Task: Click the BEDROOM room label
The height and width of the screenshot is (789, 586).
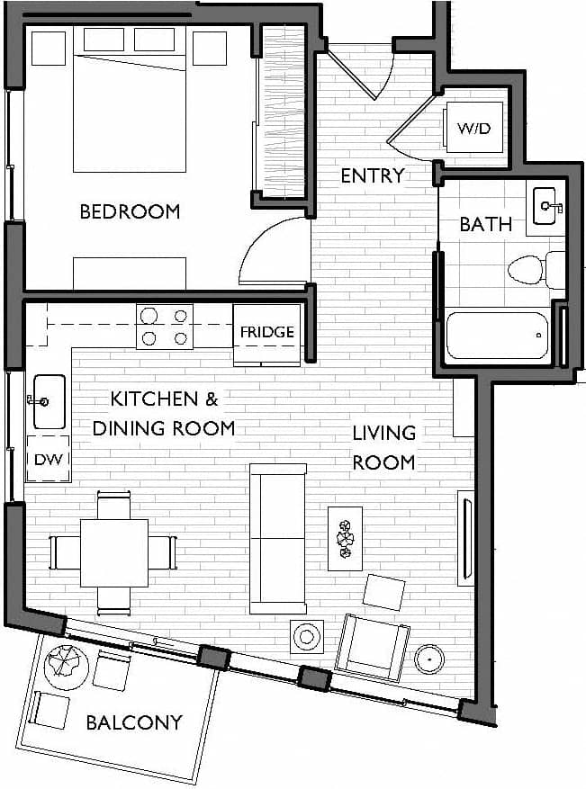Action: tap(130, 212)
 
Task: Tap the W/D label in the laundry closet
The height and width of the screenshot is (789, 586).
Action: tap(473, 129)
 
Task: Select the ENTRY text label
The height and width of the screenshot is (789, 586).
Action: tap(372, 175)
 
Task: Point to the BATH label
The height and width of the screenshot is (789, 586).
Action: tap(485, 224)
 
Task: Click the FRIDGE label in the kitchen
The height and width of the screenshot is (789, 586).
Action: tap(266, 332)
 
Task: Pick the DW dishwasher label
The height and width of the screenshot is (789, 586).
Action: tap(47, 460)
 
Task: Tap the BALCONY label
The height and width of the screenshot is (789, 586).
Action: tap(134, 722)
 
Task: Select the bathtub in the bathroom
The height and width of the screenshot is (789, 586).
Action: tap(498, 336)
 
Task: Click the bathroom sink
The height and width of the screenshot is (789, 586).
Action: tap(545, 206)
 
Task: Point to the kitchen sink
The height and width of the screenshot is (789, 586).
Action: tap(49, 401)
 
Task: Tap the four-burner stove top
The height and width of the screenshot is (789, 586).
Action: tap(165, 327)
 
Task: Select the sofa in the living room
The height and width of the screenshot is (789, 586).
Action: tap(277, 538)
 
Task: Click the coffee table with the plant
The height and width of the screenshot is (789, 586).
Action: tap(345, 538)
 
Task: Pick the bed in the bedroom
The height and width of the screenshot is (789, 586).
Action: tap(130, 99)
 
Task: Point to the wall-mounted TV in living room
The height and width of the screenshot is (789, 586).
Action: tap(465, 537)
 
